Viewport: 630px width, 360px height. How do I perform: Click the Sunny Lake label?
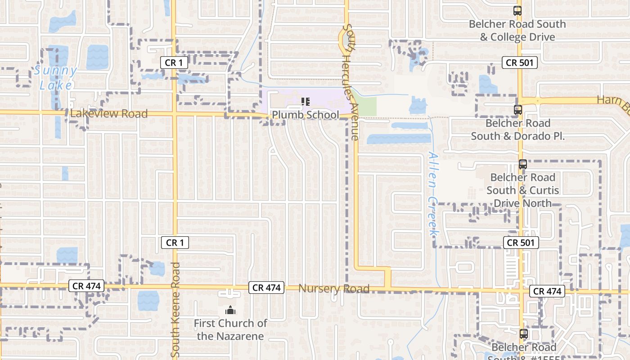(55, 78)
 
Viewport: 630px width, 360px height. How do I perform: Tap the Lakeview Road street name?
(108, 114)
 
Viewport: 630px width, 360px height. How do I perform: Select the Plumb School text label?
(305, 115)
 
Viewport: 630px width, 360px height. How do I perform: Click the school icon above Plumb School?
(306, 102)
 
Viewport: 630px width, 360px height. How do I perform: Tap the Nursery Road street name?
(334, 288)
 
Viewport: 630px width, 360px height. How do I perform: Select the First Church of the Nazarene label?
(230, 329)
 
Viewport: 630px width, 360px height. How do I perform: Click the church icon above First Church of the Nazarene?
(230, 310)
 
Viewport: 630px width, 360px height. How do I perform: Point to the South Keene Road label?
(175, 310)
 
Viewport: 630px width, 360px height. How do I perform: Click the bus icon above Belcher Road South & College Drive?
(517, 11)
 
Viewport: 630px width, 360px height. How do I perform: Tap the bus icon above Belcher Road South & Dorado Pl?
(517, 109)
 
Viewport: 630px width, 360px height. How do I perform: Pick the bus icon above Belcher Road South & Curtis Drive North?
(522, 164)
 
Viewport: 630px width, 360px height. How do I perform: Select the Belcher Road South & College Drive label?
(517, 30)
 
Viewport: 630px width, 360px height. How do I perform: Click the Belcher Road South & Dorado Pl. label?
(517, 130)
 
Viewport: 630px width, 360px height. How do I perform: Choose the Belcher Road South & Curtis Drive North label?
(522, 190)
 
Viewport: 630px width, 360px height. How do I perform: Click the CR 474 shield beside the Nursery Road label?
(267, 288)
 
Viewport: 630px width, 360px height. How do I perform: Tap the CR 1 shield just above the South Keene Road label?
(175, 243)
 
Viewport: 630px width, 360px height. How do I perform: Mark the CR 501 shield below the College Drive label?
(520, 63)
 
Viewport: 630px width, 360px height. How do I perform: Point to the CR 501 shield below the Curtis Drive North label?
(521, 243)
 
